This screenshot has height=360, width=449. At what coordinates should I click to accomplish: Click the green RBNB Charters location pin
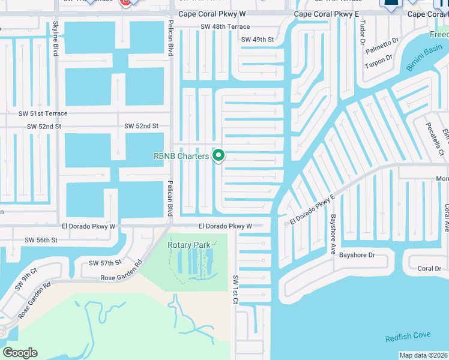(x=219, y=155)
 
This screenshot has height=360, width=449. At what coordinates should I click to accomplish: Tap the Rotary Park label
(x=189, y=245)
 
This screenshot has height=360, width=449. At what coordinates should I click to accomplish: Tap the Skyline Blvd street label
(x=56, y=38)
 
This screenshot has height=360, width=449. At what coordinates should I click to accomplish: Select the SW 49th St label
(x=258, y=40)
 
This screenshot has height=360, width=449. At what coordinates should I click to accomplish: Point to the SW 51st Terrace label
(x=43, y=113)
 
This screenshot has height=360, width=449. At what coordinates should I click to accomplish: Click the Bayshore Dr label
(x=357, y=255)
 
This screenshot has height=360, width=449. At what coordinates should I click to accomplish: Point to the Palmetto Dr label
(x=382, y=41)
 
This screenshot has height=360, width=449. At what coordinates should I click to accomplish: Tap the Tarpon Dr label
(x=379, y=58)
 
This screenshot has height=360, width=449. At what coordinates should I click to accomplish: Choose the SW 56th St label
(x=41, y=240)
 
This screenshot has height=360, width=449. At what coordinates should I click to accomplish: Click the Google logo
(x=20, y=353)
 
